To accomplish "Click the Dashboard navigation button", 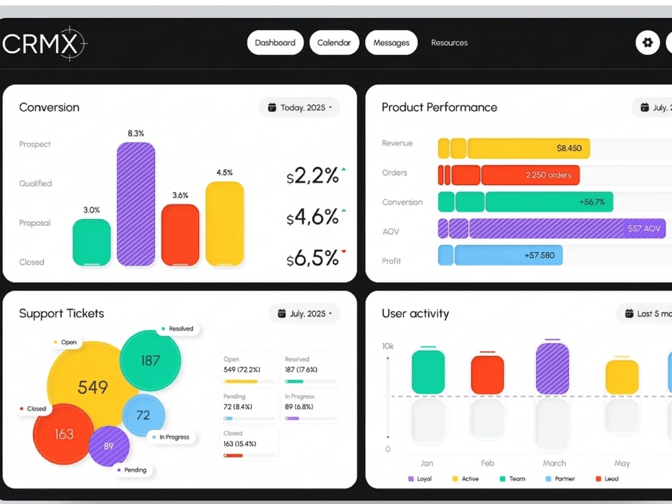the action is pyautogui.click(x=275, y=42).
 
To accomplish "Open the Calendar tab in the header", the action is pyautogui.click(x=334, y=42).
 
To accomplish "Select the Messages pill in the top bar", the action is pyautogui.click(x=391, y=42).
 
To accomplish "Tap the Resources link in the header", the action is pyautogui.click(x=449, y=42).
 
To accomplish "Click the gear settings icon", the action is pyautogui.click(x=648, y=42).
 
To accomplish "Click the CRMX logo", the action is pyautogui.click(x=44, y=43).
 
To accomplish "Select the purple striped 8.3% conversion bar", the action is pyautogui.click(x=136, y=204).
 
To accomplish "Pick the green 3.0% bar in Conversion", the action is pyautogui.click(x=91, y=242).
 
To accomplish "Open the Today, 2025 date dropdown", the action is pyautogui.click(x=299, y=108).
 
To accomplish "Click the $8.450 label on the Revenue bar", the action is pyautogui.click(x=569, y=149).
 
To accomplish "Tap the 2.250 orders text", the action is pyautogui.click(x=548, y=175).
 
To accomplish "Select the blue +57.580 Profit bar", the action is pyautogui.click(x=508, y=255).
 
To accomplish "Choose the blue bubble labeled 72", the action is pyautogui.click(x=144, y=415).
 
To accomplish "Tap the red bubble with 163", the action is pyautogui.click(x=63, y=434).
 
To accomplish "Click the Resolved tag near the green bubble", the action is pyautogui.click(x=177, y=329).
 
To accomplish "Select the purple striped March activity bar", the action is pyautogui.click(x=552, y=368).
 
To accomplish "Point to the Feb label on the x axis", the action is pyautogui.click(x=487, y=463).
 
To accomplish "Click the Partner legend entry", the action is pyautogui.click(x=560, y=478).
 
